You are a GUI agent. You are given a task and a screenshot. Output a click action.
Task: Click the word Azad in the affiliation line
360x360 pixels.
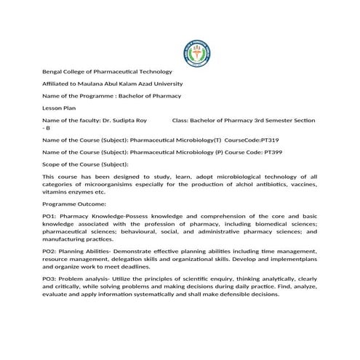(x=153, y=84)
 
